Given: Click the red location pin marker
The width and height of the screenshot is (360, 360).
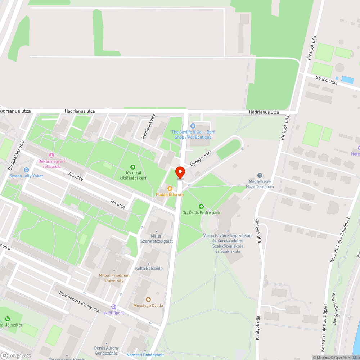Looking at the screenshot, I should (180, 172).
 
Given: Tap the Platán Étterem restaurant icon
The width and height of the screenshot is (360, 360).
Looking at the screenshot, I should (170, 188).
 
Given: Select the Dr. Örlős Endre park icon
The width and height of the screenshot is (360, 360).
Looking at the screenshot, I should (201, 207).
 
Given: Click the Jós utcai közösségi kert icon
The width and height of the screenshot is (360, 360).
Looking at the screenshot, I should (133, 167).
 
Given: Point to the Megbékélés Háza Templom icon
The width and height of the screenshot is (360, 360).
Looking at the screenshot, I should (260, 175).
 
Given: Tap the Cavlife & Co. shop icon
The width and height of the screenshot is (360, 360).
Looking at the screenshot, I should (193, 126).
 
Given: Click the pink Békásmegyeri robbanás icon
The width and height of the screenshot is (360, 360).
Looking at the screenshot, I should (51, 155).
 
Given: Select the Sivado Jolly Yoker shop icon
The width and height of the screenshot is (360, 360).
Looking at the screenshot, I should (26, 170).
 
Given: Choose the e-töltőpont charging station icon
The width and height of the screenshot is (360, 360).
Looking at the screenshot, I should (114, 307).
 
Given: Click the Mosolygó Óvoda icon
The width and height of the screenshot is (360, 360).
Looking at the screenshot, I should (148, 299).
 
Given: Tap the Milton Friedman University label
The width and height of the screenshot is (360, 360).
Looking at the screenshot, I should (114, 278).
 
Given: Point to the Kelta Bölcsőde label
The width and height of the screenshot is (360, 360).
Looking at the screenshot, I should (149, 269).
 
